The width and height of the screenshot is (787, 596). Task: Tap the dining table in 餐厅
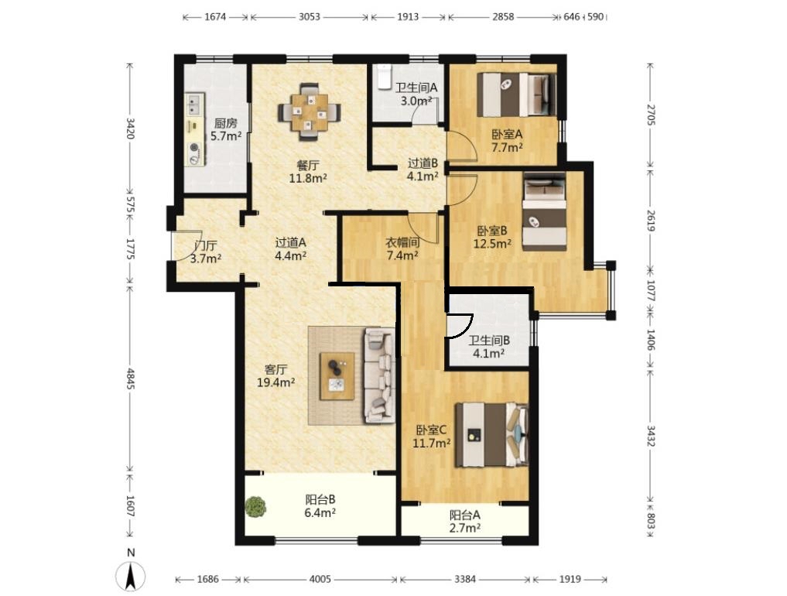310,111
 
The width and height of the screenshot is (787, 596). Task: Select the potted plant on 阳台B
256,507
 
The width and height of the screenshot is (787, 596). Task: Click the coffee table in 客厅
337,376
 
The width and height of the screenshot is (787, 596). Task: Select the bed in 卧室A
516,94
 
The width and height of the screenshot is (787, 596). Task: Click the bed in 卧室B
545,211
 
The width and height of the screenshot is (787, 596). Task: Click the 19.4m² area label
276,382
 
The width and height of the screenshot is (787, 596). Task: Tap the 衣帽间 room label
402,242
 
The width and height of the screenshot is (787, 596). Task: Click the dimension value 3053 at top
310,16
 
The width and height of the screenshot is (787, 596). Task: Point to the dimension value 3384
465,580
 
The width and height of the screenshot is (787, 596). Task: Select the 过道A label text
291,242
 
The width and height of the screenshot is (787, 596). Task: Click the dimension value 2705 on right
651,115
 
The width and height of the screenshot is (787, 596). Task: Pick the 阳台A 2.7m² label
465,521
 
